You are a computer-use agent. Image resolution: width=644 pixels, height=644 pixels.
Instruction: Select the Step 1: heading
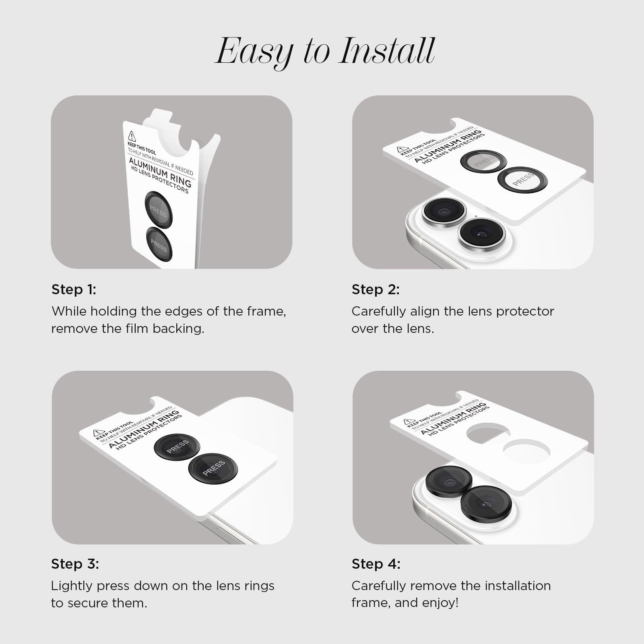tap(74, 289)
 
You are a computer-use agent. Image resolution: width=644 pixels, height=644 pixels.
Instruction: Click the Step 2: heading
tap(376, 289)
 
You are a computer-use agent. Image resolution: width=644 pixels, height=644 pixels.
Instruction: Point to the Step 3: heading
tap(75, 564)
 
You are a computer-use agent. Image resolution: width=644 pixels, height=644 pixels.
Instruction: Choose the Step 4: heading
tap(376, 564)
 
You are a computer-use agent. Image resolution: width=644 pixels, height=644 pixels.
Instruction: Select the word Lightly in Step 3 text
tap(72, 586)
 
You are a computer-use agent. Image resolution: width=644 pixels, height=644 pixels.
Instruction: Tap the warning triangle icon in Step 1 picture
tap(132, 136)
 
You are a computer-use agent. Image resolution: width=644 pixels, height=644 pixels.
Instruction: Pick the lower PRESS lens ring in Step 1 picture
tap(159, 244)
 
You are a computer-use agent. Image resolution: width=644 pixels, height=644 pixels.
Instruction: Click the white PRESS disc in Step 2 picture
tap(522, 180)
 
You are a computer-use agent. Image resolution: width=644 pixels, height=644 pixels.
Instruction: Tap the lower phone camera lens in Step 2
tap(481, 233)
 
